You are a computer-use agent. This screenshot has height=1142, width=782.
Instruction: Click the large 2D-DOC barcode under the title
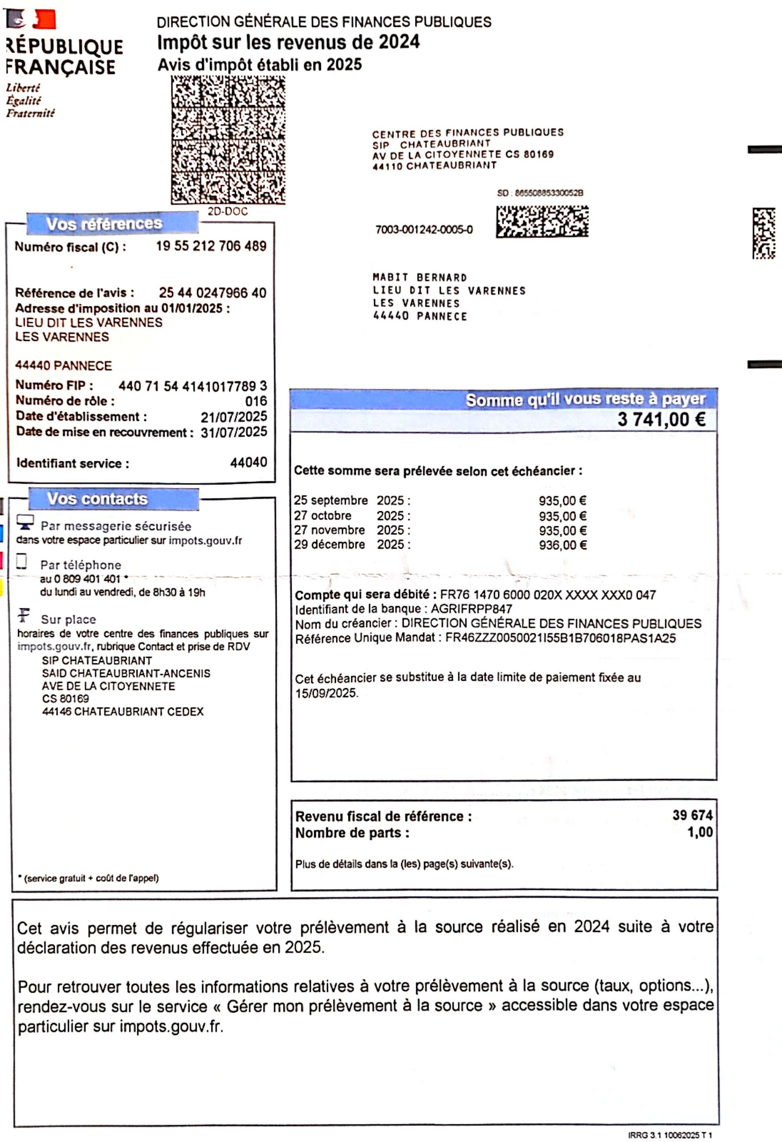228,140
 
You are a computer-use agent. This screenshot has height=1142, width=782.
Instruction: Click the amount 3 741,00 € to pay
661,419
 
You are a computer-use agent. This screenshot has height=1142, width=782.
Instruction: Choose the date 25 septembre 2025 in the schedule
352,501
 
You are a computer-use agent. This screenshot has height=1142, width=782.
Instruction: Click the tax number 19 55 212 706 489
211,246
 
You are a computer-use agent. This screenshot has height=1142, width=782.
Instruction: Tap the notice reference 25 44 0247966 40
212,293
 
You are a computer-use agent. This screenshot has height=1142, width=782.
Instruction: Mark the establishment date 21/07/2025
234,417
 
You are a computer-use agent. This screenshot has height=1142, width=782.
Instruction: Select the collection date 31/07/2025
234,432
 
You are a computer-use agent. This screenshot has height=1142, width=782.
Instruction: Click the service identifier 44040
249,462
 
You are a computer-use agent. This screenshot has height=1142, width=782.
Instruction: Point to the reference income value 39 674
692,815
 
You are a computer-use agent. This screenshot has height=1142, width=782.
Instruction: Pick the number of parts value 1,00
700,832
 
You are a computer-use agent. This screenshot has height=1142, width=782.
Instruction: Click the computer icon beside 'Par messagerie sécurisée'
25,522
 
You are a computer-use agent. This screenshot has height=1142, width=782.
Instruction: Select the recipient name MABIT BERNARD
420,278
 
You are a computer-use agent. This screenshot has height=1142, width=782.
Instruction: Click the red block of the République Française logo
44,20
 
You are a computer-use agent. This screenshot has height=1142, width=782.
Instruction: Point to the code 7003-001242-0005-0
424,230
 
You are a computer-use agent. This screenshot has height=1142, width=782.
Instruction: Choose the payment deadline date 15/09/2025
326,693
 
